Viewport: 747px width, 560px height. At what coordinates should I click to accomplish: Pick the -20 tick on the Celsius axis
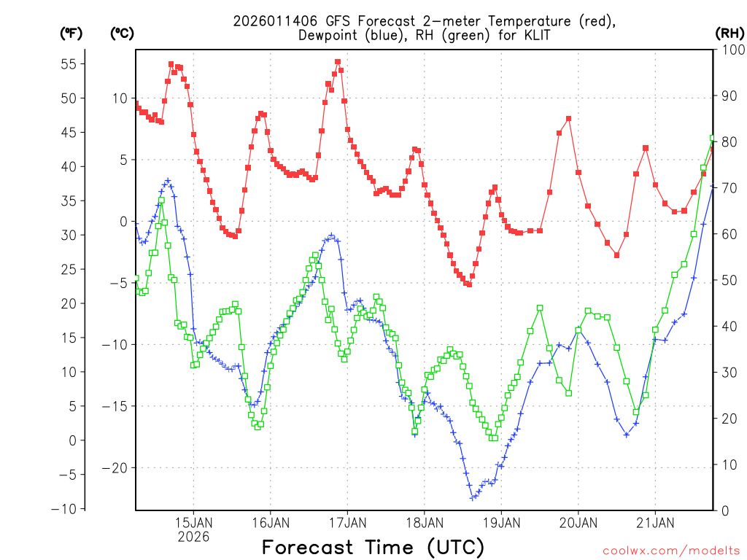(x=114, y=468)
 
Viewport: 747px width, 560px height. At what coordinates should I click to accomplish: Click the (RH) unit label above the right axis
(x=729, y=33)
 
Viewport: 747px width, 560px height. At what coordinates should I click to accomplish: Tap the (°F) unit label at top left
(x=71, y=33)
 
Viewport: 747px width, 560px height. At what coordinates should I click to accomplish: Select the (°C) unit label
(x=122, y=33)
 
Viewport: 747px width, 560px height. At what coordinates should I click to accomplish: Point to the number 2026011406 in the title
(x=277, y=21)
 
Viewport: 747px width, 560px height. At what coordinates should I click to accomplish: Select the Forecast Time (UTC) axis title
(x=373, y=547)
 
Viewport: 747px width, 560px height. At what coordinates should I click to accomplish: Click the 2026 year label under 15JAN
(x=193, y=537)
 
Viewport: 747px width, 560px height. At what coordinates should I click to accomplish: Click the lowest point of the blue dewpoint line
(x=473, y=498)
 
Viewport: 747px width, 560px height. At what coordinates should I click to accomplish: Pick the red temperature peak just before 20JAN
(x=568, y=119)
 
